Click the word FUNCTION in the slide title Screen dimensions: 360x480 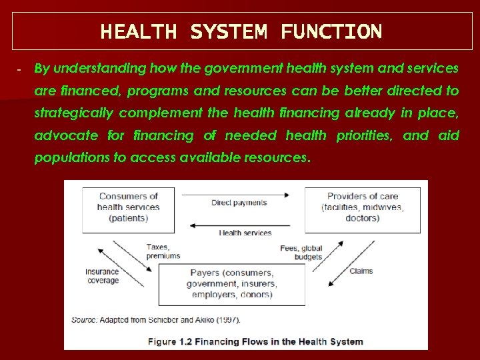[x=331, y=31]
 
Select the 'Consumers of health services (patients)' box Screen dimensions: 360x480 [x=129, y=207]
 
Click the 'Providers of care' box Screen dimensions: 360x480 [x=363, y=207]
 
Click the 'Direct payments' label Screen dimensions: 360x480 [x=239, y=203]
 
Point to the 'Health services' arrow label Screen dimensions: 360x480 [x=245, y=233]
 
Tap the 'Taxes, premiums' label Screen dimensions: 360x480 [x=163, y=251]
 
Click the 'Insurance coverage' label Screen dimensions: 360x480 [x=102, y=276]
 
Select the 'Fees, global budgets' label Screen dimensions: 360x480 [x=301, y=253]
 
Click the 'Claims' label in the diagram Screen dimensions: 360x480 [x=361, y=271]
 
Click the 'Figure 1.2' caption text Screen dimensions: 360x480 [x=255, y=341]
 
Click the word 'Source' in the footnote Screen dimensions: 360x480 [x=83, y=320]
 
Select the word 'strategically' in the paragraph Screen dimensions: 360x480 [x=73, y=113]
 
